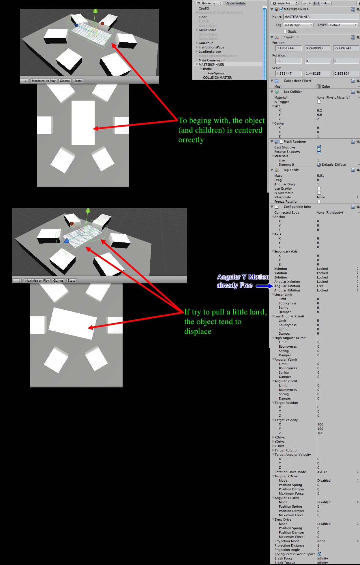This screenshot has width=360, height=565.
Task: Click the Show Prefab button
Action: coord(236,3)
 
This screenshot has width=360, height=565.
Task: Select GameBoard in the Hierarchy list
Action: coord(207,30)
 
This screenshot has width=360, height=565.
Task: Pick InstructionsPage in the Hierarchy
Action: coord(211,47)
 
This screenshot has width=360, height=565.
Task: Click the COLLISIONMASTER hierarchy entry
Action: coord(217,78)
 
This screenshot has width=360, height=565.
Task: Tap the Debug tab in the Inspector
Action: coord(326,3)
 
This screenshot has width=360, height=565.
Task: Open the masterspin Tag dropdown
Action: coord(298,25)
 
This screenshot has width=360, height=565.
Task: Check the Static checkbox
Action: coord(285,31)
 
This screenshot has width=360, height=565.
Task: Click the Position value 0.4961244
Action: coord(288,48)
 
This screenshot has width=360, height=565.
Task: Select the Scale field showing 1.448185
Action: coord(317,74)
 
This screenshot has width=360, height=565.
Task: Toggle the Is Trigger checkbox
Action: coord(319,102)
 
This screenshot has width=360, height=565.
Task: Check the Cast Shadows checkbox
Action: coord(319,147)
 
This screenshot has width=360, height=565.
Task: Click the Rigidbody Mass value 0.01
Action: coord(320,176)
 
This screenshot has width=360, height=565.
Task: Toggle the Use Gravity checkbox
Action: coord(319,189)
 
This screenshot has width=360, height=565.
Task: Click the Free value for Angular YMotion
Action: coord(320,286)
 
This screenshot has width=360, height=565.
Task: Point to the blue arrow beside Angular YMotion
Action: coord(264,286)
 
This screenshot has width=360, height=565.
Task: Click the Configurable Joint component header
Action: coord(297,207)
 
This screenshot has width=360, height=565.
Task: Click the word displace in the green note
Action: coord(198,332)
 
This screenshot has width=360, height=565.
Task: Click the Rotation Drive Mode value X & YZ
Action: coord(322,472)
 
